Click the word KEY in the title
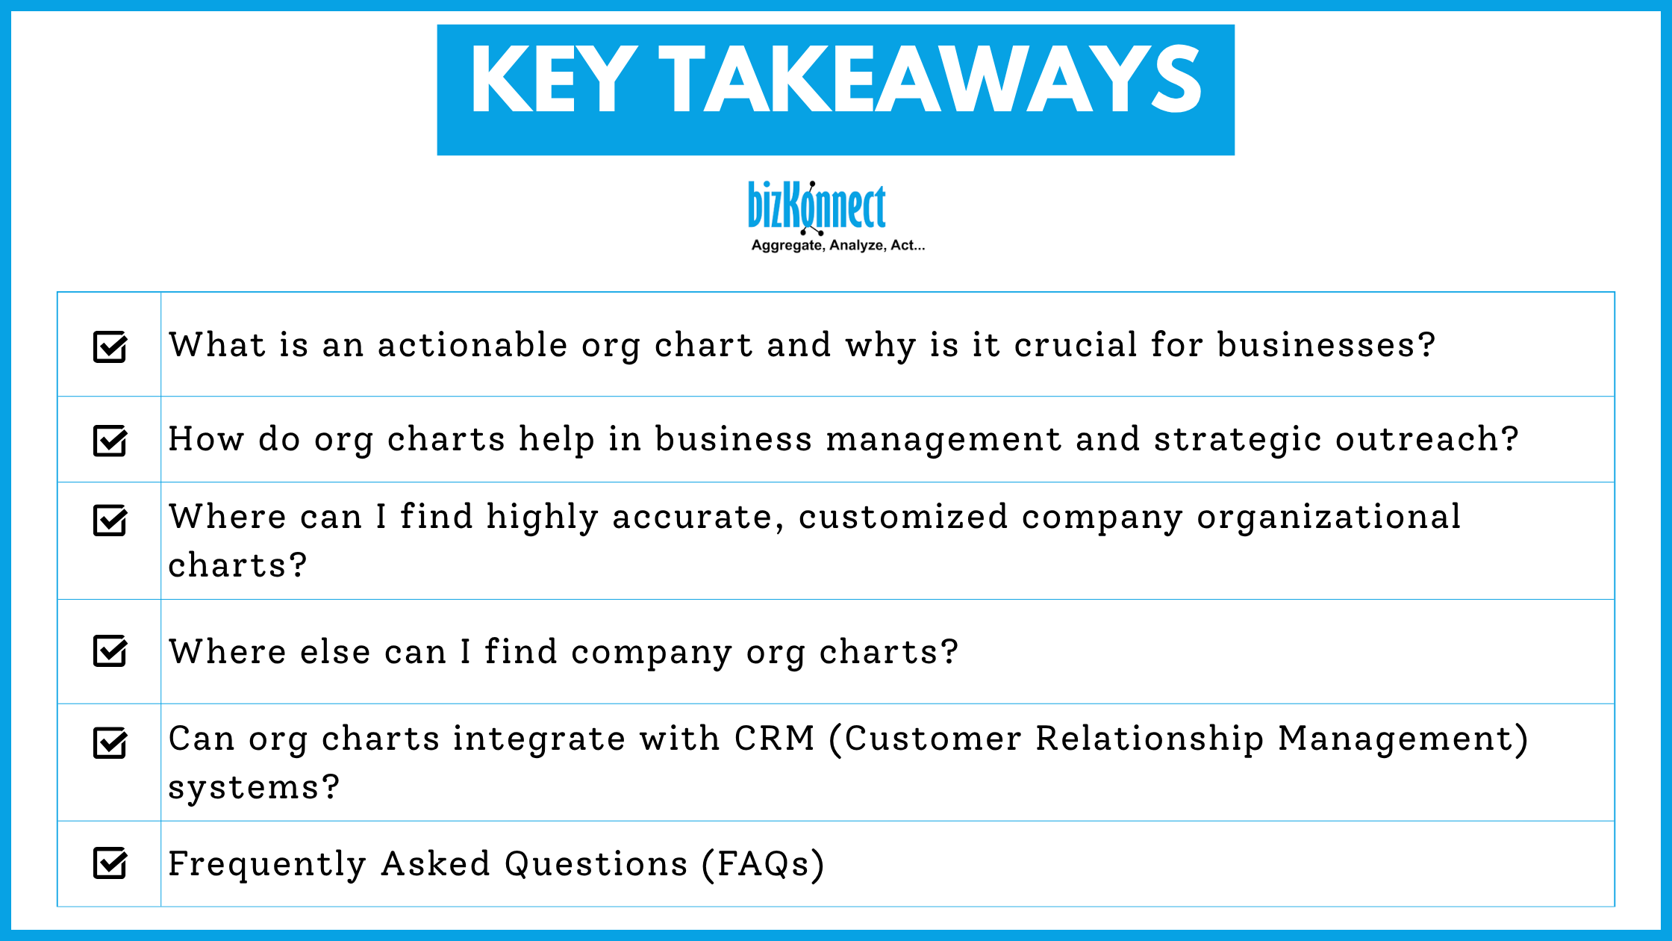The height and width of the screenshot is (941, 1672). [553, 81]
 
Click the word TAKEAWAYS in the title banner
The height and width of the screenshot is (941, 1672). [930, 81]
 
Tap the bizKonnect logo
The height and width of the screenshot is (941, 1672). [817, 206]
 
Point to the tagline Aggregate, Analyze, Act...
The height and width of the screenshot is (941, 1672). [837, 246]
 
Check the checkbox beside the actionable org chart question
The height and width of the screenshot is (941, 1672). [110, 347]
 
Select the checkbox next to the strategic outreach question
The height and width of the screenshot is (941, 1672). [110, 440]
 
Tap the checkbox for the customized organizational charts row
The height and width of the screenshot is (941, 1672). [110, 521]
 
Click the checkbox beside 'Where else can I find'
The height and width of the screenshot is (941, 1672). [110, 650]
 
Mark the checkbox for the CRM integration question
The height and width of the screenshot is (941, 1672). [110, 743]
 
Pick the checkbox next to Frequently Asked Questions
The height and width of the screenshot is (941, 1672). [110, 863]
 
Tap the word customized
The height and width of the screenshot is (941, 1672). [903, 517]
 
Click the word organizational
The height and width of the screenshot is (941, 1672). [1329, 517]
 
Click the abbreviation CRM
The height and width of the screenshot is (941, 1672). [774, 739]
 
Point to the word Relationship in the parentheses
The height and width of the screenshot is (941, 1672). [1149, 739]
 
